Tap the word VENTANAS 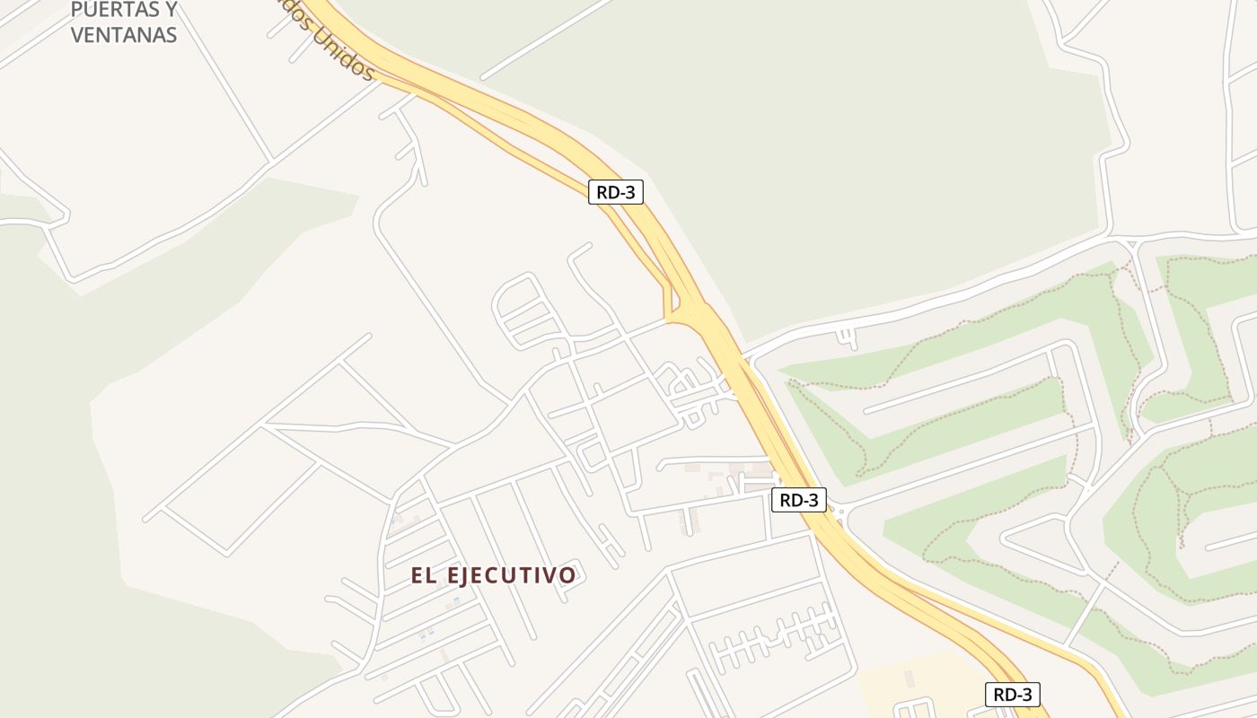tap(124, 35)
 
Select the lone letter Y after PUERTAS tap(170, 11)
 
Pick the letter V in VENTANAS tap(77, 35)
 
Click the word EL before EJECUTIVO tap(423, 575)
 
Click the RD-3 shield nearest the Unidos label tap(616, 192)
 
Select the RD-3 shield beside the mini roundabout tap(798, 500)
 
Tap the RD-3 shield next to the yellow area tap(1012, 694)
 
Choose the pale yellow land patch tap(925, 687)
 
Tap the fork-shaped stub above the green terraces tap(847, 337)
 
